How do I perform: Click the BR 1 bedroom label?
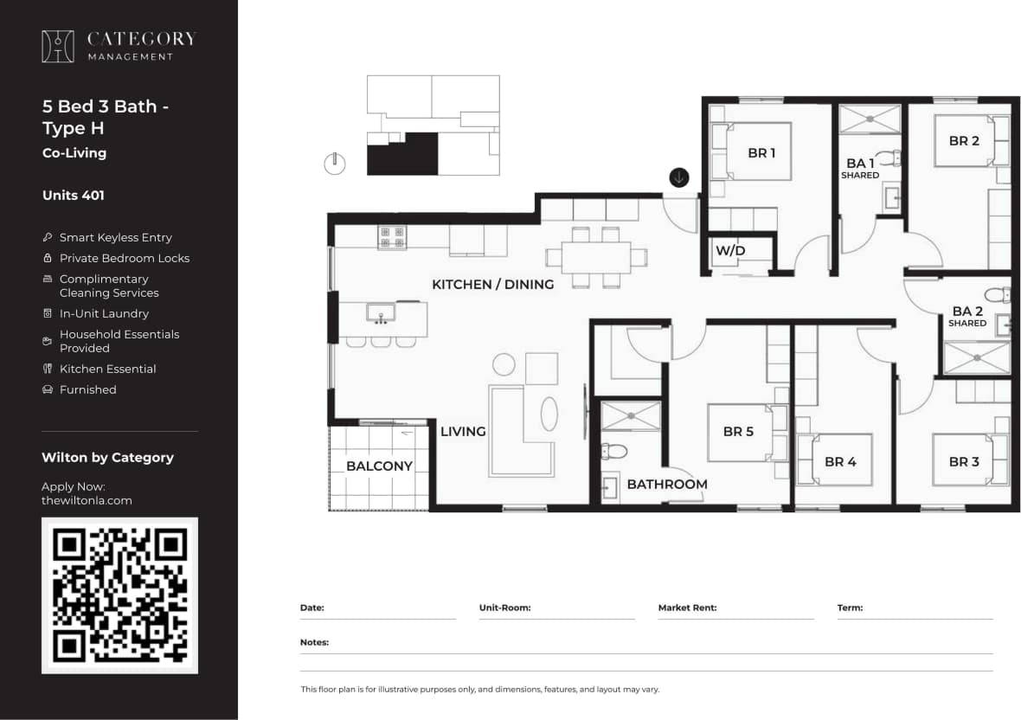(761, 153)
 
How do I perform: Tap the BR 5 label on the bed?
(738, 431)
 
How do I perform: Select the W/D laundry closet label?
(730, 251)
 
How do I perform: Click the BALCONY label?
(379, 466)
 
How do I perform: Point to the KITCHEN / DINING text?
(492, 284)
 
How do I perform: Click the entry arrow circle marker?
(679, 177)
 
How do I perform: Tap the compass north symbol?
(335, 163)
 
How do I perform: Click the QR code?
(119, 595)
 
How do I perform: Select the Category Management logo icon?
(58, 46)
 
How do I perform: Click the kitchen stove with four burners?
(392, 236)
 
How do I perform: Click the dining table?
(595, 257)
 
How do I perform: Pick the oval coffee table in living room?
(549, 414)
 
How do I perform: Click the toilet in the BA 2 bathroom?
(997, 294)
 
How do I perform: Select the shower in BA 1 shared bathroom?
(870, 119)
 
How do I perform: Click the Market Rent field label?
(687, 607)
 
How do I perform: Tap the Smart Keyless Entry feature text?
(115, 237)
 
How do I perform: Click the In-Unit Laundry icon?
(48, 313)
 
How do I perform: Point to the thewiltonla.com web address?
(87, 500)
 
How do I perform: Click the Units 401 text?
(74, 196)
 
